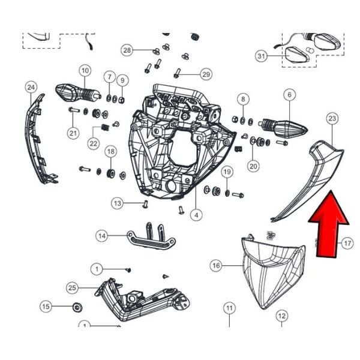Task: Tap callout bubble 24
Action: coord(31,88)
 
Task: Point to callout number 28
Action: coord(127,49)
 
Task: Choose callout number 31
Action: coord(261,56)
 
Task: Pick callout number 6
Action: coord(289,95)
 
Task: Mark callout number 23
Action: coord(332,119)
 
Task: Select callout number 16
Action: coord(217,265)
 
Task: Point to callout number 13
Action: coord(118,203)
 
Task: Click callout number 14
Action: coord(103,236)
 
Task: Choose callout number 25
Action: coord(73,289)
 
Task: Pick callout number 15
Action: coord(46,307)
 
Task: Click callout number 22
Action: coord(94,143)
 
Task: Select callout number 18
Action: coord(110,151)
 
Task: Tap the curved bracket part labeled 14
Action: coord(150,239)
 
